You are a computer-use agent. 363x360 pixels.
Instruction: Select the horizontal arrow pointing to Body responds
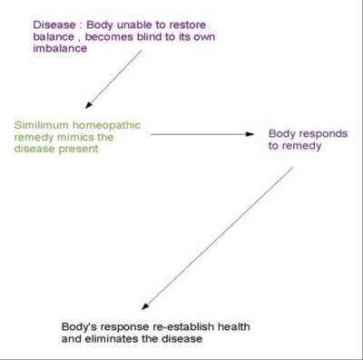(x=201, y=134)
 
